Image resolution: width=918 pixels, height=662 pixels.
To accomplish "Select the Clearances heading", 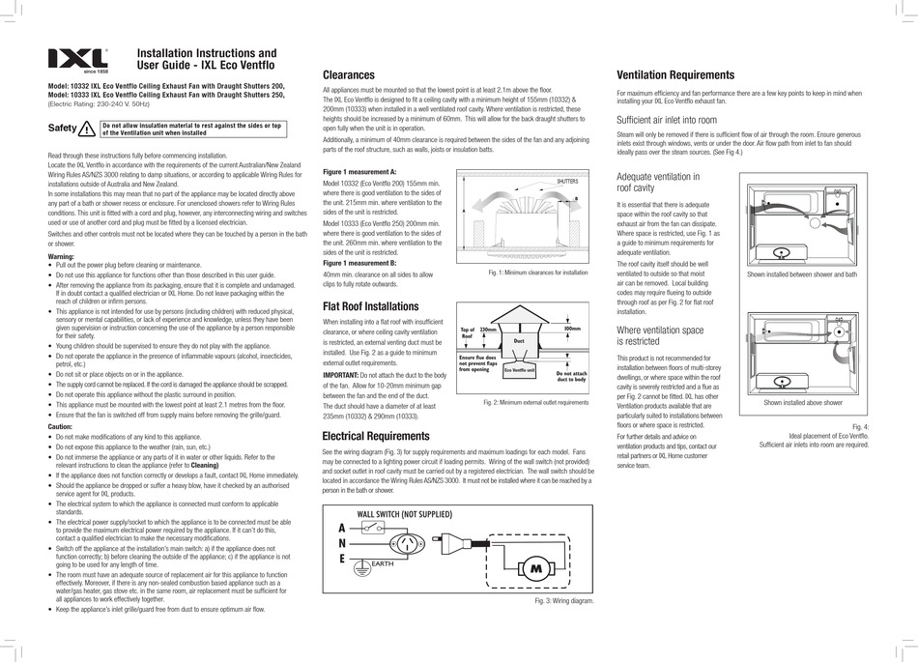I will pyautogui.click(x=348, y=75).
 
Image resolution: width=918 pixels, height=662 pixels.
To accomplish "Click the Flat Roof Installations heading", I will pyautogui.click(x=370, y=307).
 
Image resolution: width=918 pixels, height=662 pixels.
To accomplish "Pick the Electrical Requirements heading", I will pyautogui.click(x=375, y=436).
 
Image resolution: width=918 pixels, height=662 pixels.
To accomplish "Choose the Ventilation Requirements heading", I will pyautogui.click(x=675, y=75).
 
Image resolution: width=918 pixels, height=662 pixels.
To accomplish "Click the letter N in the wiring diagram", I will pyautogui.click(x=340, y=544).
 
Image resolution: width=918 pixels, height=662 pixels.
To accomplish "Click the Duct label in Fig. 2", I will pyautogui.click(x=518, y=340).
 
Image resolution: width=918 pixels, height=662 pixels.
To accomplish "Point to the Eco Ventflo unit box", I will pyautogui.click(x=519, y=369).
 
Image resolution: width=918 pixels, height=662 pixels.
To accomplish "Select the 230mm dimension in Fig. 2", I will pyautogui.click(x=487, y=331).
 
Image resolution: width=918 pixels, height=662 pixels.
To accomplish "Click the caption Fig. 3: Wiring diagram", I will pyautogui.click(x=562, y=600).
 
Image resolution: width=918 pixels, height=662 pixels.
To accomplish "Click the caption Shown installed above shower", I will pyautogui.click(x=802, y=402).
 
